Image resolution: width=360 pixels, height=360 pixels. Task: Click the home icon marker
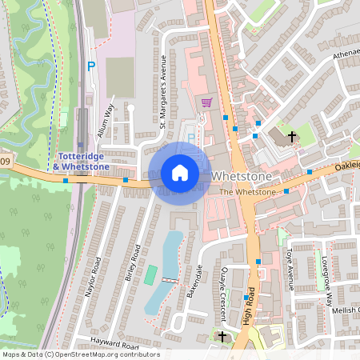click(x=179, y=173)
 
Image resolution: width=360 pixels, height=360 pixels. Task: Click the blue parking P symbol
click(x=90, y=66)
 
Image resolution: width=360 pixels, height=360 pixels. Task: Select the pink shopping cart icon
click(x=206, y=103)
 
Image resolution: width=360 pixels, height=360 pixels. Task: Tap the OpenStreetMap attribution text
click(x=81, y=354)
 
